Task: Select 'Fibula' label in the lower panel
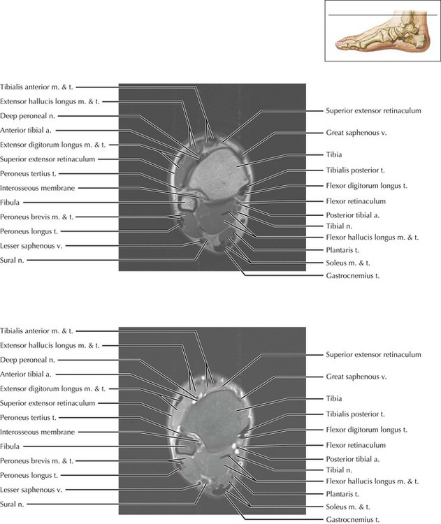pyautogui.click(x=12, y=446)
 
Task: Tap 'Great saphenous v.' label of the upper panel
pyautogui.click(x=356, y=132)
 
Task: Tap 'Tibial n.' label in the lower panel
pyautogui.click(x=340, y=470)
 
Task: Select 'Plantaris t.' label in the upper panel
pyautogui.click(x=343, y=249)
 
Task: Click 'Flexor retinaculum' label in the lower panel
pyautogui.click(x=356, y=444)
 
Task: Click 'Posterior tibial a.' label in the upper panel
pyautogui.click(x=354, y=214)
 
